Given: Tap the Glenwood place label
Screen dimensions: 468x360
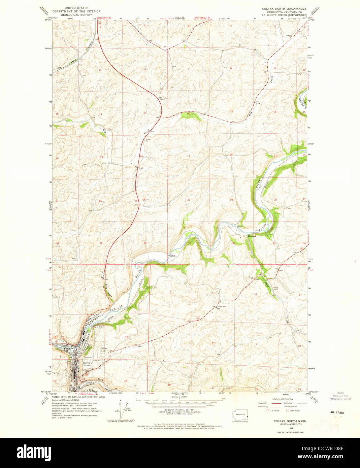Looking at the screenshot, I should click(x=252, y=236).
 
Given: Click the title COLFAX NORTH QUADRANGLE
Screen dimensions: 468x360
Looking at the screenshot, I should click(x=284, y=8).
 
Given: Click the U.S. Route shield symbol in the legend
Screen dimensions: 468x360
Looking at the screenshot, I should click(x=268, y=410).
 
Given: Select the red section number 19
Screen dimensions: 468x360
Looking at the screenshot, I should click(x=189, y=156).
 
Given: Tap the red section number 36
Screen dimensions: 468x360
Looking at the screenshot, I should click(x=145, y=243).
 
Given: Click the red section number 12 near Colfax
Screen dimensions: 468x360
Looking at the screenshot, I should click(x=127, y=337).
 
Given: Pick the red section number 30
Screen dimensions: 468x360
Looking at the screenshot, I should click(x=189, y=200).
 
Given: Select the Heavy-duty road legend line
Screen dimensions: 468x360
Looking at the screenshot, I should click(x=276, y=403).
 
